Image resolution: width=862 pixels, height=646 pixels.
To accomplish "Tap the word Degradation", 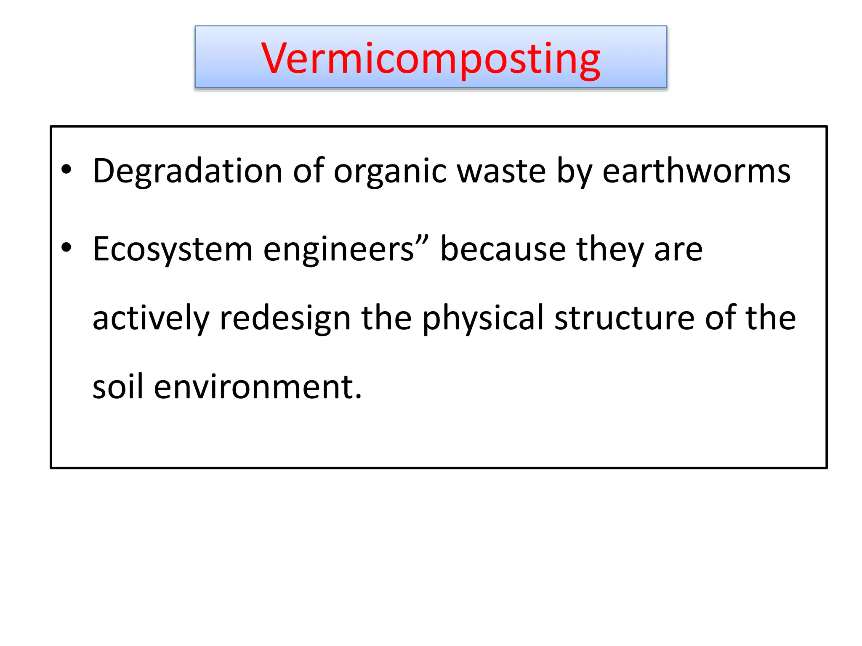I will point(187,171).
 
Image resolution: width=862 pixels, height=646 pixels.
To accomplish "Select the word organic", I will point(390,171).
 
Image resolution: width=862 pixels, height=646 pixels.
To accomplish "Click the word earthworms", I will point(697,171).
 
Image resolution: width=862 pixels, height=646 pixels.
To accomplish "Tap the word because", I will point(503,249).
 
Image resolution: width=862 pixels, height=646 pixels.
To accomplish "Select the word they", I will point(610,249).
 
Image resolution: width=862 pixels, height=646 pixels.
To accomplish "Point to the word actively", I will point(151,318).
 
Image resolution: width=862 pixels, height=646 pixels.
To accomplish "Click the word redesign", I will point(285,318).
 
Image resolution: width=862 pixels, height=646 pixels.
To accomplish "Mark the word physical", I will point(483,318).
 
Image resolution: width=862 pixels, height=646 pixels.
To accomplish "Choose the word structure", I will point(624,318).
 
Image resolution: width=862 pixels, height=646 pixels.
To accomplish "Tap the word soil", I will point(118,387).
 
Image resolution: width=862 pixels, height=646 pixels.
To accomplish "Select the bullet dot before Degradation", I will point(67,170).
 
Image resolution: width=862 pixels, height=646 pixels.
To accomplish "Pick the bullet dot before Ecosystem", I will point(67,248).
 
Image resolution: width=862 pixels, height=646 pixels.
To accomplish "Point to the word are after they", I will point(678,249).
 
